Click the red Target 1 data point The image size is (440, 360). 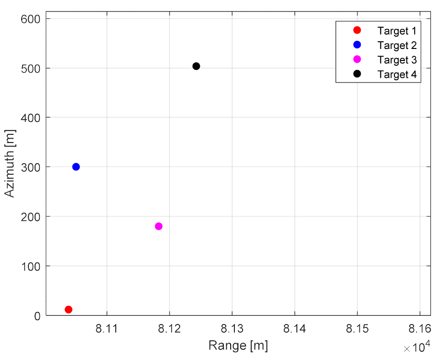point(68,310)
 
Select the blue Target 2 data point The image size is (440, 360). point(76,167)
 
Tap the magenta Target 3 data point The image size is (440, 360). point(159,226)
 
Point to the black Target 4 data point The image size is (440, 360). point(196,66)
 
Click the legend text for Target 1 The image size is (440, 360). point(396,31)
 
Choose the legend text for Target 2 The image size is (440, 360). point(396,45)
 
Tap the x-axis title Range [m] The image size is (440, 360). point(238,346)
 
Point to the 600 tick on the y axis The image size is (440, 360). point(33,19)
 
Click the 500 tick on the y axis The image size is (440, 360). point(33,68)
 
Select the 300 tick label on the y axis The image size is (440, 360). point(33,167)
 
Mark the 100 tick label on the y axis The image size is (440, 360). point(33,266)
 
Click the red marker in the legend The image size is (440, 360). point(357,30)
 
